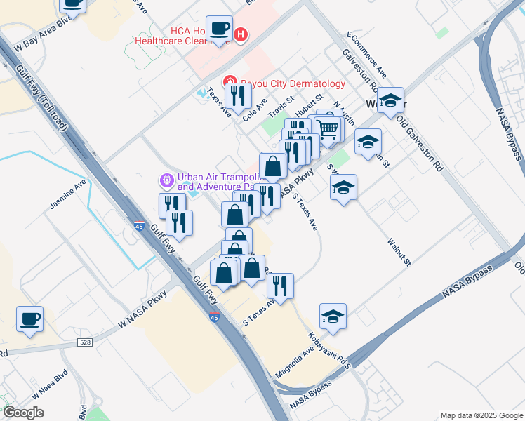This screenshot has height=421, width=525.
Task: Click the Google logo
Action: click(x=23, y=413)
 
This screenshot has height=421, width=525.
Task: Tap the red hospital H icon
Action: click(x=241, y=34)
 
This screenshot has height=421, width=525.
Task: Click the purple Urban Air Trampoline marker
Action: click(x=166, y=181)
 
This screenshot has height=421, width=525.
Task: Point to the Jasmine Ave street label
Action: click(x=67, y=196)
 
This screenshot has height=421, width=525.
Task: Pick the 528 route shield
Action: click(x=85, y=342)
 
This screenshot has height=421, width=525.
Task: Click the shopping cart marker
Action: click(x=327, y=128)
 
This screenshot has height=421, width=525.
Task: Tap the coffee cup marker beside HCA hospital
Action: click(x=220, y=28)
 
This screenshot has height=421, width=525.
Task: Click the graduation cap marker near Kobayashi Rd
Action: click(x=333, y=316)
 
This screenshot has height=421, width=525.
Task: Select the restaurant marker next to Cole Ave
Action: click(x=238, y=95)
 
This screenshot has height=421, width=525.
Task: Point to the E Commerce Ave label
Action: click(x=367, y=55)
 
